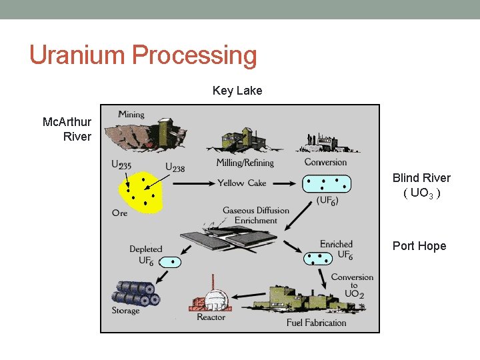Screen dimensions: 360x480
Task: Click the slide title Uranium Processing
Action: (143, 55)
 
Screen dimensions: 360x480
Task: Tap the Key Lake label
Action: (237, 91)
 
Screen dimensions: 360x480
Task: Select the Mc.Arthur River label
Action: (67, 129)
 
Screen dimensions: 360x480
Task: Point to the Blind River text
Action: (421, 178)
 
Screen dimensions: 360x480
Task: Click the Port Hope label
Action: (419, 246)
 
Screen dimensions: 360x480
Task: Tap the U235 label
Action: (121, 165)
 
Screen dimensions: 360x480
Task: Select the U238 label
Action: (175, 167)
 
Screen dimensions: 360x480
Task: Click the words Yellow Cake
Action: (241, 183)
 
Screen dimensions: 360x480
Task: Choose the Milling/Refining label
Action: (245, 163)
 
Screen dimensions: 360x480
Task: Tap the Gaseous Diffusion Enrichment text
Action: (256, 215)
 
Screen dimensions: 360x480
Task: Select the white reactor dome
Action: (215, 298)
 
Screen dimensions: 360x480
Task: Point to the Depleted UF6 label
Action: (145, 255)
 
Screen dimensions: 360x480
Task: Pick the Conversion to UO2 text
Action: (352, 285)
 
